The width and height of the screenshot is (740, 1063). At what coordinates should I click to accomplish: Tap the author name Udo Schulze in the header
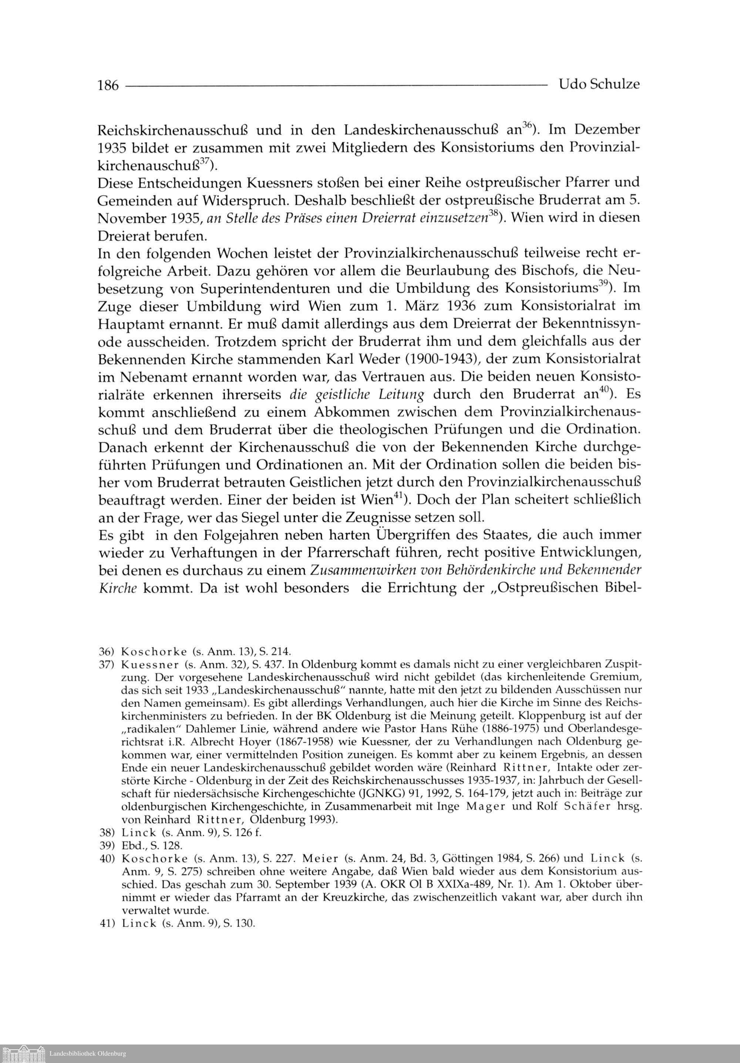[x=599, y=84]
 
